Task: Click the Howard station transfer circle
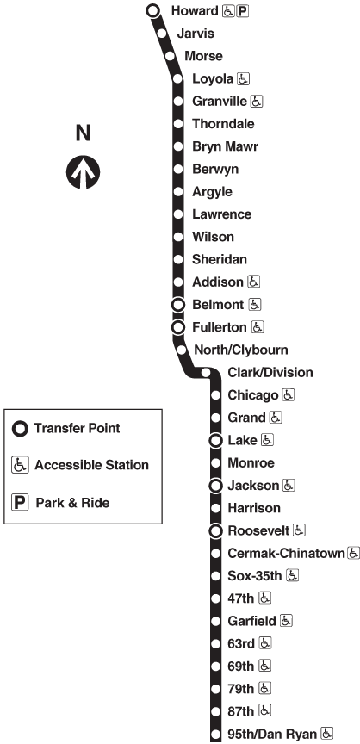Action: click(x=152, y=10)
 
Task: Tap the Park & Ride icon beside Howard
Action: click(x=242, y=11)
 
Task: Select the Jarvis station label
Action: click(x=196, y=34)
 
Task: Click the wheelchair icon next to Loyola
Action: click(x=244, y=78)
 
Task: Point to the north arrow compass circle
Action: click(x=83, y=171)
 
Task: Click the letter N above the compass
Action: click(x=83, y=133)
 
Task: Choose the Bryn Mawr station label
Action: click(x=226, y=146)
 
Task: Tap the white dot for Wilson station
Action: click(x=178, y=237)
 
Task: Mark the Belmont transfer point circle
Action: click(x=178, y=305)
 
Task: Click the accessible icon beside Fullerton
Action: click(x=258, y=327)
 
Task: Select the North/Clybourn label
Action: click(x=241, y=350)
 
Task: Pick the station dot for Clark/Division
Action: click(x=206, y=373)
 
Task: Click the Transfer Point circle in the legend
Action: click(x=20, y=429)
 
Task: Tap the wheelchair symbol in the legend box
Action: click(x=20, y=465)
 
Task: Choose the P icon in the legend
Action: click(x=20, y=502)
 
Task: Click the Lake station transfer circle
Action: click(x=216, y=441)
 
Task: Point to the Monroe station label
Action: click(x=251, y=463)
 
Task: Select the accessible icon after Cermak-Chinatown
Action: click(x=353, y=553)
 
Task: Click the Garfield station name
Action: click(x=251, y=621)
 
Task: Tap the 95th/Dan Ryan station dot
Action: click(x=216, y=734)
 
